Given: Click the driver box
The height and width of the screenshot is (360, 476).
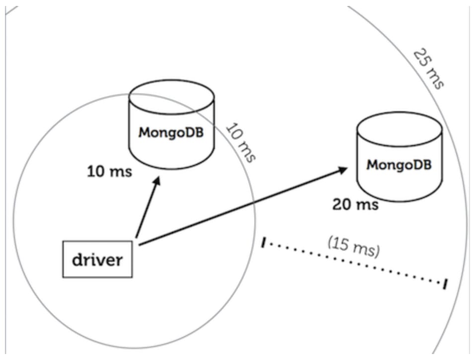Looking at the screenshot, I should [x=98, y=259].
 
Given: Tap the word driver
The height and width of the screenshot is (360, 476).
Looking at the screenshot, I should [x=98, y=259].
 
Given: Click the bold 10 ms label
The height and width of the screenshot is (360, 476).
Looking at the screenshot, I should [x=109, y=173].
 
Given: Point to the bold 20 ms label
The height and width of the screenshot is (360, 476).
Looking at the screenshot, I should [x=355, y=203].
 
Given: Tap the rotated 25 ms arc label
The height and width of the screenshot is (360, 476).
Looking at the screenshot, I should [x=429, y=68].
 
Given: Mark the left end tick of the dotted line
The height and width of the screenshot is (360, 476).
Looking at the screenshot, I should [x=264, y=243].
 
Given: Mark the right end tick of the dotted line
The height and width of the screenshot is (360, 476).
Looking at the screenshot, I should [x=445, y=284].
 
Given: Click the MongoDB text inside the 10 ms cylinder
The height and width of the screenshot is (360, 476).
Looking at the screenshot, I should [x=171, y=133].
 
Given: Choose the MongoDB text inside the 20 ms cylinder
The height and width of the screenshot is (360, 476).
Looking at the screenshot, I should [x=399, y=165].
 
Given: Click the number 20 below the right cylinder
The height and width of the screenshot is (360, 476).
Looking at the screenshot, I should [x=342, y=203].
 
